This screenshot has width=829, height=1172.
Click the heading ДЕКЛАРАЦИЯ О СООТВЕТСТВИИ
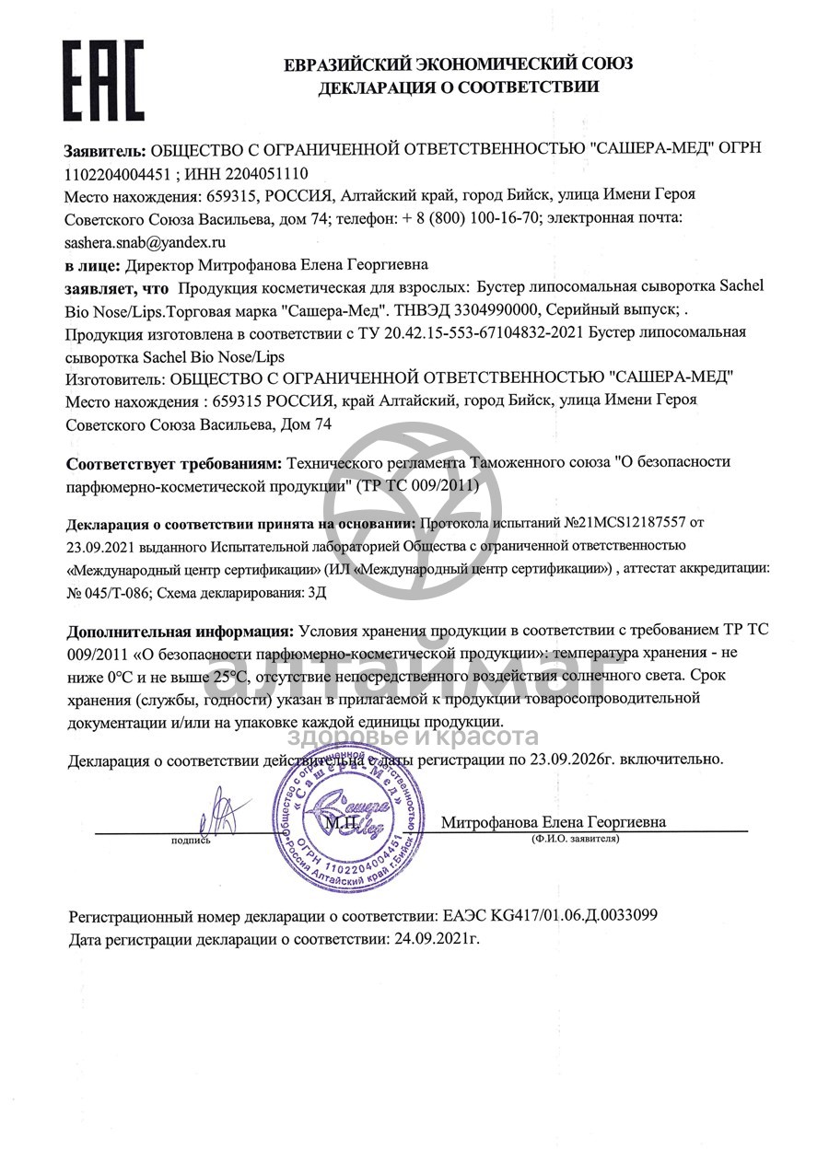pyautogui.click(x=458, y=87)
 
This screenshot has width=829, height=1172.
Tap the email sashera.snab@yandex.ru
pyautogui.click(x=145, y=242)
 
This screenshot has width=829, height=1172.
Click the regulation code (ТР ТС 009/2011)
pyautogui.click(x=417, y=484)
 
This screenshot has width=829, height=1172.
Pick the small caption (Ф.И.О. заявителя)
pyautogui.click(x=575, y=840)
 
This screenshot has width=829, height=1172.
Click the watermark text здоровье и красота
pyautogui.click(x=414, y=737)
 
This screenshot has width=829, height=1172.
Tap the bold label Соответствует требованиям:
pyautogui.click(x=175, y=462)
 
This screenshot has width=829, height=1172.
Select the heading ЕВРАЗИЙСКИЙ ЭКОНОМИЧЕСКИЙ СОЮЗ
pyautogui.click(x=458, y=64)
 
